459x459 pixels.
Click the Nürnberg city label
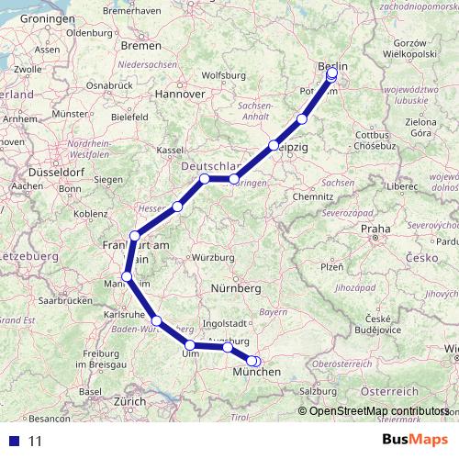237,288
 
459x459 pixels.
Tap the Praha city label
375,229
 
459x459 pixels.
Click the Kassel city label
171,150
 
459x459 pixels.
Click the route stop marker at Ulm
190,346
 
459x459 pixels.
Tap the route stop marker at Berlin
331,75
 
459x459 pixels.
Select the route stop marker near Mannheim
127,277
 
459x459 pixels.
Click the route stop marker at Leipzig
274,146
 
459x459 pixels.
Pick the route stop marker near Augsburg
228,347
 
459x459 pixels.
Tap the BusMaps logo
414,440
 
